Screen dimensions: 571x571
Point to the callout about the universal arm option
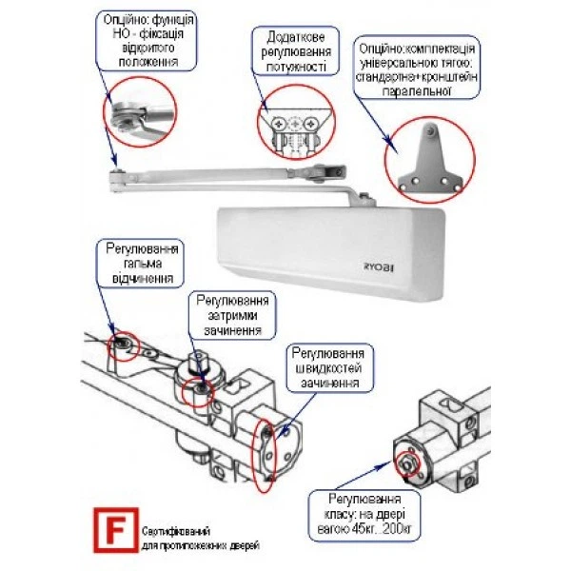(418, 69)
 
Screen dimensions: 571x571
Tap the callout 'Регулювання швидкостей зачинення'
(326, 366)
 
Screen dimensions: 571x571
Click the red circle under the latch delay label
(199, 390)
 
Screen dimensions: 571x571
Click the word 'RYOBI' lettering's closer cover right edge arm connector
(366, 197)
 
